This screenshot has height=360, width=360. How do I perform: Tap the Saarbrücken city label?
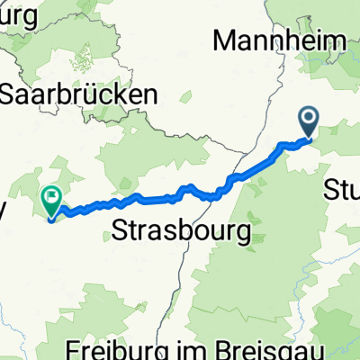coord(81,94)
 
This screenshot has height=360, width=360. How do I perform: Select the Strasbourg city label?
coord(183,232)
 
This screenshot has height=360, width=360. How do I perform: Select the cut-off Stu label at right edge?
coord(342,190)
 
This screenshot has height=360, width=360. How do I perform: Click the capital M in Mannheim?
coord(223,40)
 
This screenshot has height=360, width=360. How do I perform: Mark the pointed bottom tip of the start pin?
coord(308,138)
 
